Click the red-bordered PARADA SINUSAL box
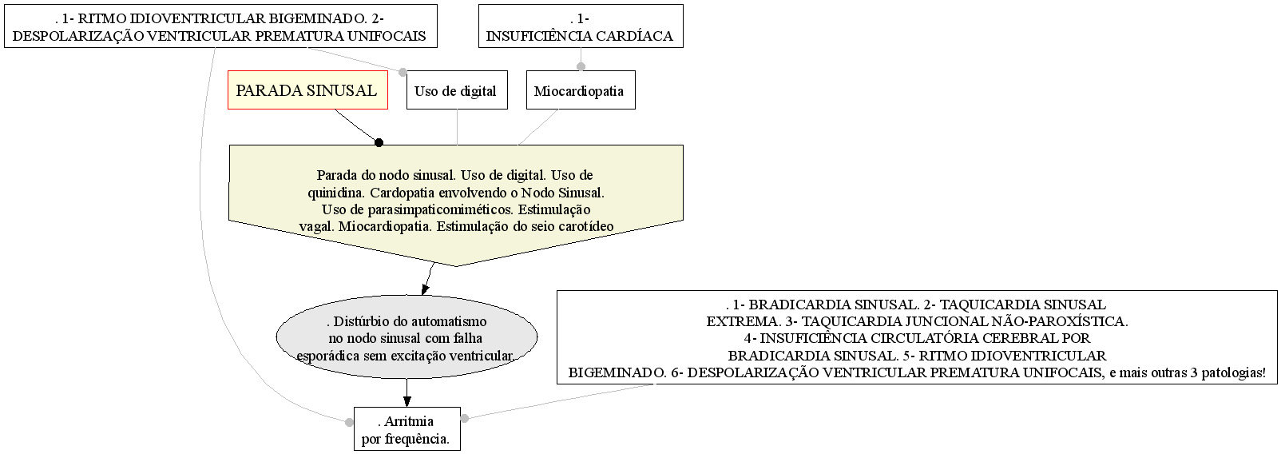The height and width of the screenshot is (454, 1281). tap(307, 90)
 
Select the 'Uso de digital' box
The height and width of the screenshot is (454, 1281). tap(457, 90)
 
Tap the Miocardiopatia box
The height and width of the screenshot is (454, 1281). tap(581, 90)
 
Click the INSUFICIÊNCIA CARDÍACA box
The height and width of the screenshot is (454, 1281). tap(581, 26)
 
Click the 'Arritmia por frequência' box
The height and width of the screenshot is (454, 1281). tap(407, 428)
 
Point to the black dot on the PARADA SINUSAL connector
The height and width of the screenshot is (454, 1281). tap(379, 142)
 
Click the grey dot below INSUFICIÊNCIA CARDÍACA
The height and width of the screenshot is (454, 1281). tap(581, 66)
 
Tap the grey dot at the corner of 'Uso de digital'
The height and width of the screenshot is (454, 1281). tap(403, 72)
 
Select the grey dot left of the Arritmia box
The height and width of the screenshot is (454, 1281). tap(349, 423)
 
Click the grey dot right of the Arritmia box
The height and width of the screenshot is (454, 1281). tap(464, 419)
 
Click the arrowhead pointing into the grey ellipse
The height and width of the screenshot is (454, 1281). tap(424, 289)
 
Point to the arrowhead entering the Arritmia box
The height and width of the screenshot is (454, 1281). tap(407, 400)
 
